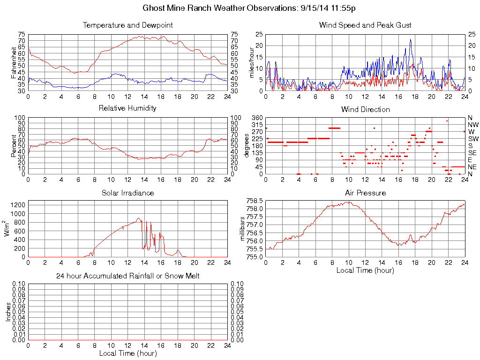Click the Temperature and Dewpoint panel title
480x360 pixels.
(x=127, y=25)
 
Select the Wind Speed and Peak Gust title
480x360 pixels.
(x=365, y=25)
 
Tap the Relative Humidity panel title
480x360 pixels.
(x=127, y=108)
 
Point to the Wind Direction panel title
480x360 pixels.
(x=365, y=110)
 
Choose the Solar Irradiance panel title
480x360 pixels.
(x=127, y=193)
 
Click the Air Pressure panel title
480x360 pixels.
(x=365, y=193)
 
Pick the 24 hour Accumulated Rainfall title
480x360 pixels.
(x=127, y=276)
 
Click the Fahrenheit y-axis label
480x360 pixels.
(x=15, y=63)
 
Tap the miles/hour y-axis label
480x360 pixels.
(x=252, y=63)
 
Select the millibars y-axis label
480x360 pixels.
(x=243, y=228)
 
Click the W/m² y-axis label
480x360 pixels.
(x=8, y=228)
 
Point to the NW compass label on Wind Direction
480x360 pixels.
(x=473, y=125)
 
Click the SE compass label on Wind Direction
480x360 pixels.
(x=472, y=153)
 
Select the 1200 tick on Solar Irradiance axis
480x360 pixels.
(x=19, y=205)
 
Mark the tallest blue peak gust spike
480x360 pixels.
(x=411, y=40)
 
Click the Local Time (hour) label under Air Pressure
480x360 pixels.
(x=365, y=270)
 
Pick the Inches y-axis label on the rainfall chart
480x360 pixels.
(x=8, y=312)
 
